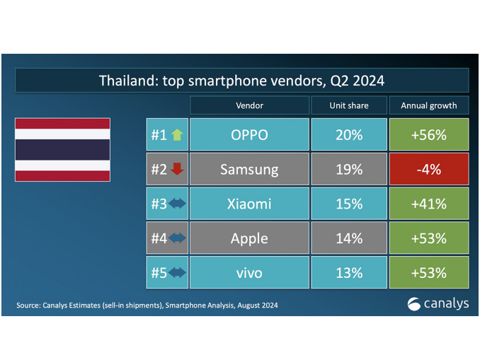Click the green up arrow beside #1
[177, 134]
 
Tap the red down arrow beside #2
[177, 169]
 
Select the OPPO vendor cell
[249, 134]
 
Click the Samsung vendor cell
[249, 169]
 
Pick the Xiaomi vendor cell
[249, 204]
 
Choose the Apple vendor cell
[249, 238]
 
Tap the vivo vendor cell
[249, 272]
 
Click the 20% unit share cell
[349, 134]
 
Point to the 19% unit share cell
[349, 169]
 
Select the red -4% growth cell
[429, 169]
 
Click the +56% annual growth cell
[429, 134]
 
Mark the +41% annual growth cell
[429, 204]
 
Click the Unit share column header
[349, 105]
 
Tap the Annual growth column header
[429, 105]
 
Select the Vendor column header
[249, 105]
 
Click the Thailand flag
[63, 150]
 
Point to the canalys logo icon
[414, 304]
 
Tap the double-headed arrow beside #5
[177, 272]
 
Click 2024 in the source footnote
[270, 306]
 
